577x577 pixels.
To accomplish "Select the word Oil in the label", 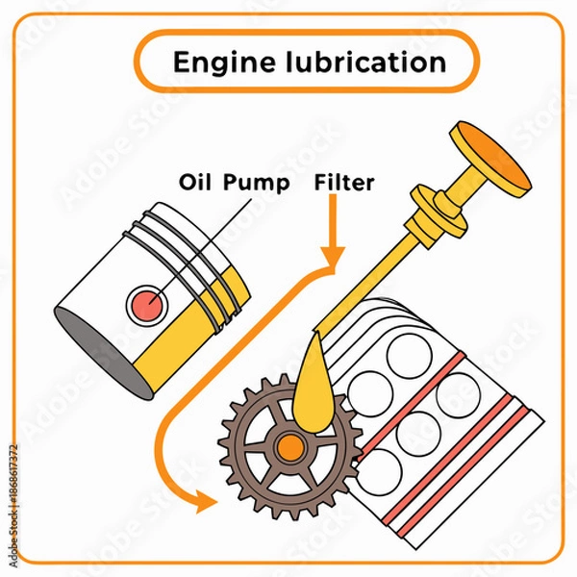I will [x=196, y=182].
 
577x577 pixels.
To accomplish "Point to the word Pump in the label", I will [x=257, y=182].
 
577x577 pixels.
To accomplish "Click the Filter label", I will [x=344, y=182].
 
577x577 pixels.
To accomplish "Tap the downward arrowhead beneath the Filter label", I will [x=333, y=257].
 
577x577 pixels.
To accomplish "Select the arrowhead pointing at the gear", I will [x=204, y=500].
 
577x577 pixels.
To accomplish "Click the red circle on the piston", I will [x=147, y=306].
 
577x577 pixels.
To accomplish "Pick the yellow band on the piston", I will [x=183, y=351].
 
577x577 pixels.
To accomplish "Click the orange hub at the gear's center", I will [x=288, y=447].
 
